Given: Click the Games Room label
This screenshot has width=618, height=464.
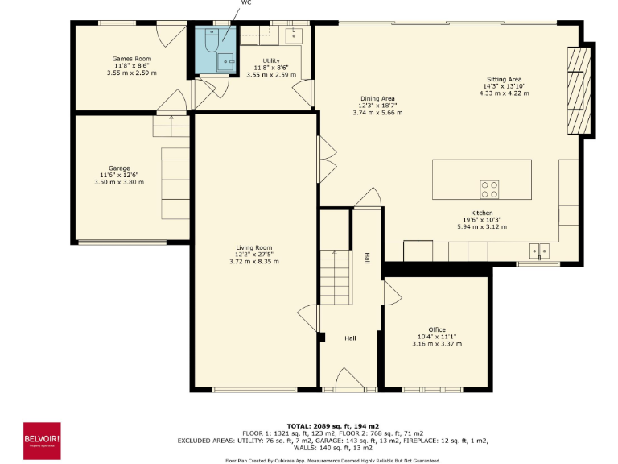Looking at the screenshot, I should click(131, 59).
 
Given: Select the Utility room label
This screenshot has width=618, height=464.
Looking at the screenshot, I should click(271, 60).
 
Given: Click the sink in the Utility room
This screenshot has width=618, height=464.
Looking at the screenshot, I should click(294, 33).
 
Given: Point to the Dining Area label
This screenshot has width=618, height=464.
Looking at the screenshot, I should click(377, 98).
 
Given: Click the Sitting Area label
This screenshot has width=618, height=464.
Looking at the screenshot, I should click(503, 80).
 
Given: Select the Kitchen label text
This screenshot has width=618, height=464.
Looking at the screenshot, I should click(470, 213).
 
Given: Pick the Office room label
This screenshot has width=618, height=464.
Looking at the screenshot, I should click(437, 329).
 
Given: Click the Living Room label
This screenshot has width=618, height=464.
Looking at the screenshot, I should click(253, 247).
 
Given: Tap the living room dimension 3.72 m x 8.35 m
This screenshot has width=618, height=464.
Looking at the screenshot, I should click(253, 262).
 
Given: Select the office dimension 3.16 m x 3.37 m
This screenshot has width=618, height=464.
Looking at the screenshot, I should click(437, 344).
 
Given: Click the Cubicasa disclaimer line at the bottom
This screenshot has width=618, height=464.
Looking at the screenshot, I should click(332, 460).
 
